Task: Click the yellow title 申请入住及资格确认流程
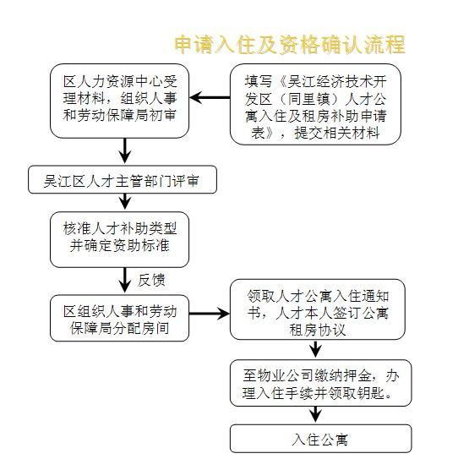coord(290,45)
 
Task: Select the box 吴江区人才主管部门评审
coord(123,179)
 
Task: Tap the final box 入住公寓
coord(321,438)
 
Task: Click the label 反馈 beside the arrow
coord(151,280)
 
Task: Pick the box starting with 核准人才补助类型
coord(119,239)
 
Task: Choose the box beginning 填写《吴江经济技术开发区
coord(315,104)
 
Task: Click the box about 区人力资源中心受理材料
coord(119,101)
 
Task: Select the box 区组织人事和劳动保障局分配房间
coord(119,318)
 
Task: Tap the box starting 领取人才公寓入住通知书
coord(318,309)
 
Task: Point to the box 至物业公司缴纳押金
coord(321,383)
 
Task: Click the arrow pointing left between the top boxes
coord(210,97)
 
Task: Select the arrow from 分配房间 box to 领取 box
coord(210,314)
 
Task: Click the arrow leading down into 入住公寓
coord(315,415)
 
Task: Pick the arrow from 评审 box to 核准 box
coord(125,202)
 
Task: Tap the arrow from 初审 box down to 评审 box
coord(125,151)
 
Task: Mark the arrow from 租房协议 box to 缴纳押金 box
coord(315,349)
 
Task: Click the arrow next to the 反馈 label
coord(125,281)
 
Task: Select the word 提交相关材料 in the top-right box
coord(337,133)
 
